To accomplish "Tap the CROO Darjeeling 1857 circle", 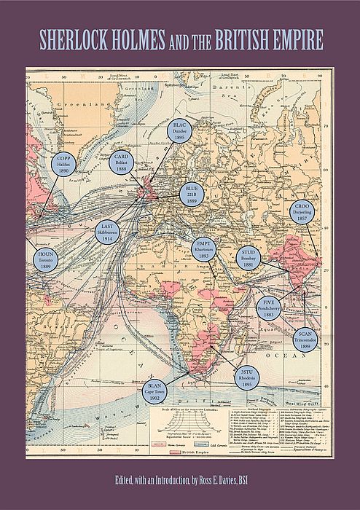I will pos(302,212).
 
